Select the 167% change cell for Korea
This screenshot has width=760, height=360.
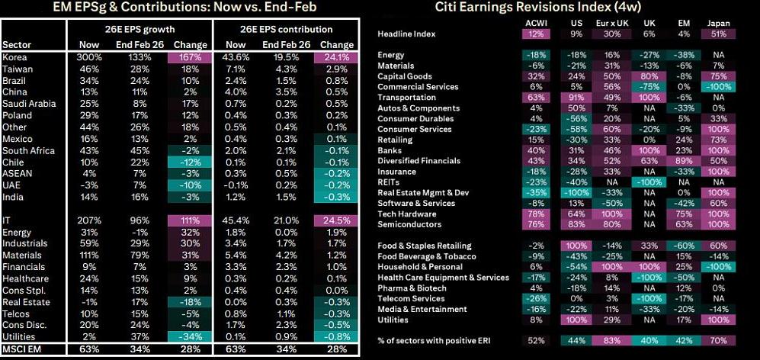[x=191, y=56]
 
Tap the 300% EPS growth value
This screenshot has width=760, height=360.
[x=88, y=56]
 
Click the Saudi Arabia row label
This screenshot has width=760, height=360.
[x=29, y=103]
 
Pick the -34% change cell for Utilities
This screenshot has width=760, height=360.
[x=191, y=336]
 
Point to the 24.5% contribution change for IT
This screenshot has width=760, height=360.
[x=337, y=220]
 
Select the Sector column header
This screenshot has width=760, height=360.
[x=17, y=45]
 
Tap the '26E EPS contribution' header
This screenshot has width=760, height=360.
[x=287, y=30]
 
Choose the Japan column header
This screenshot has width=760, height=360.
[x=718, y=24]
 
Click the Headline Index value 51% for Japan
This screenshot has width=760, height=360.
[x=718, y=34]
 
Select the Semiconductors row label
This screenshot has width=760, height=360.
[x=409, y=224]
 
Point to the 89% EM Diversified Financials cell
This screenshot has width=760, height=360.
[x=684, y=161]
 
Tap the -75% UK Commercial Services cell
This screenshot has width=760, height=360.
[x=649, y=87]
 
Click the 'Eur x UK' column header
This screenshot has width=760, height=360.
[x=612, y=24]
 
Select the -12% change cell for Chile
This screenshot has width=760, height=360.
[x=191, y=162]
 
